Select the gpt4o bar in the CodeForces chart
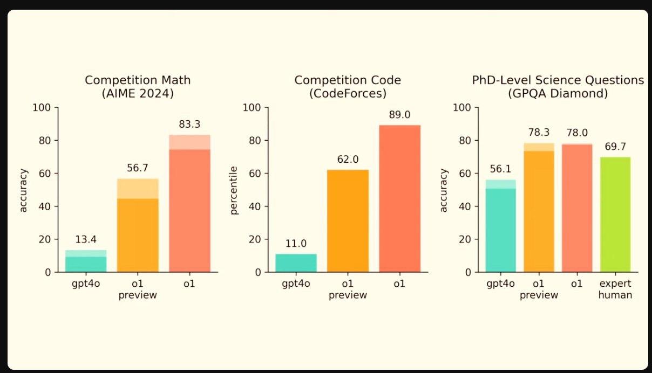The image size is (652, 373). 296,263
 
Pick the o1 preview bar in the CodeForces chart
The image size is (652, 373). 348,221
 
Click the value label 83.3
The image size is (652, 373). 189,125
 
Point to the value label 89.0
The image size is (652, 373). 399,115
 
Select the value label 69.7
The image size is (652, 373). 615,147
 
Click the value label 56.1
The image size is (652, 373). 500,169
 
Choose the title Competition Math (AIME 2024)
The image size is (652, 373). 138,87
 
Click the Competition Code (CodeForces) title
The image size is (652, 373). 348,87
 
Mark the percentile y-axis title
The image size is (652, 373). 234,190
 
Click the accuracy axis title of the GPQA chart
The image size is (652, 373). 444,190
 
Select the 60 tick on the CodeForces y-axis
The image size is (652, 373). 255,174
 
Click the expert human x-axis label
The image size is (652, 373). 615,289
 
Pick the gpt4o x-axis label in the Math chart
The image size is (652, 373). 86,284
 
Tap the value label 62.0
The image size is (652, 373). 348,160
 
